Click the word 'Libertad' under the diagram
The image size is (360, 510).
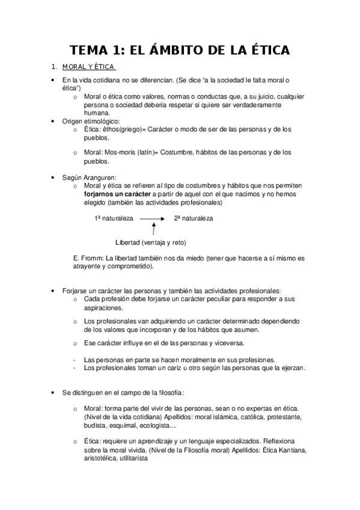pyautogui.click(x=127, y=242)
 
